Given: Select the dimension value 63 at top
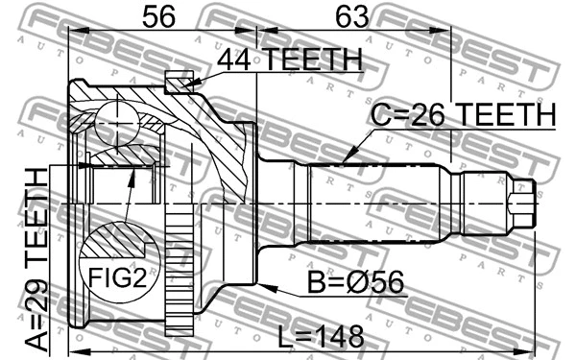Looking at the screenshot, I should point(348,16).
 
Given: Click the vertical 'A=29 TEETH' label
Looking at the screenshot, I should point(36,260).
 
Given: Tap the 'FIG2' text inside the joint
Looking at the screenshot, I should point(116,279).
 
